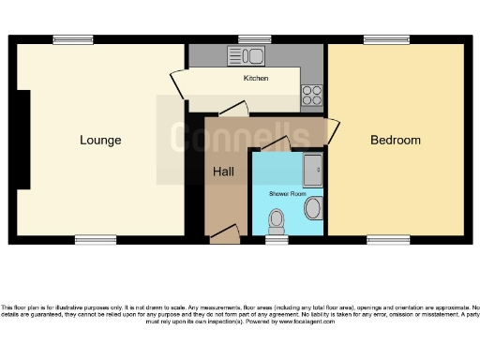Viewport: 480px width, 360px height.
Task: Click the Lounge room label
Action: pos(100,141)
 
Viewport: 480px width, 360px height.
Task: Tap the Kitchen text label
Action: pos(256,78)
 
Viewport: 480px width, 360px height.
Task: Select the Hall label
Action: pos(223,172)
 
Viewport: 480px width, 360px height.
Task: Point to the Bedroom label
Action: pos(395,141)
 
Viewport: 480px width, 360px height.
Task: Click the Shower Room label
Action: pos(287,192)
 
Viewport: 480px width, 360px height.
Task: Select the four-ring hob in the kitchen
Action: pos(312,95)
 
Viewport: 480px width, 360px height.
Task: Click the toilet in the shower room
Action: pos(277,221)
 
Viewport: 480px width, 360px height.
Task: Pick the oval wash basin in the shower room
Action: pos(313,208)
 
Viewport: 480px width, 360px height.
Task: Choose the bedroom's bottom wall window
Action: pos(387,240)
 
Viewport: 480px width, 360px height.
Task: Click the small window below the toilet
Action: pos(276,240)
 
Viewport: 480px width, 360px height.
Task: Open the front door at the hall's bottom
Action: pos(224,233)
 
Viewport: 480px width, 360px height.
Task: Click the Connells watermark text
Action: pos(240,137)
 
